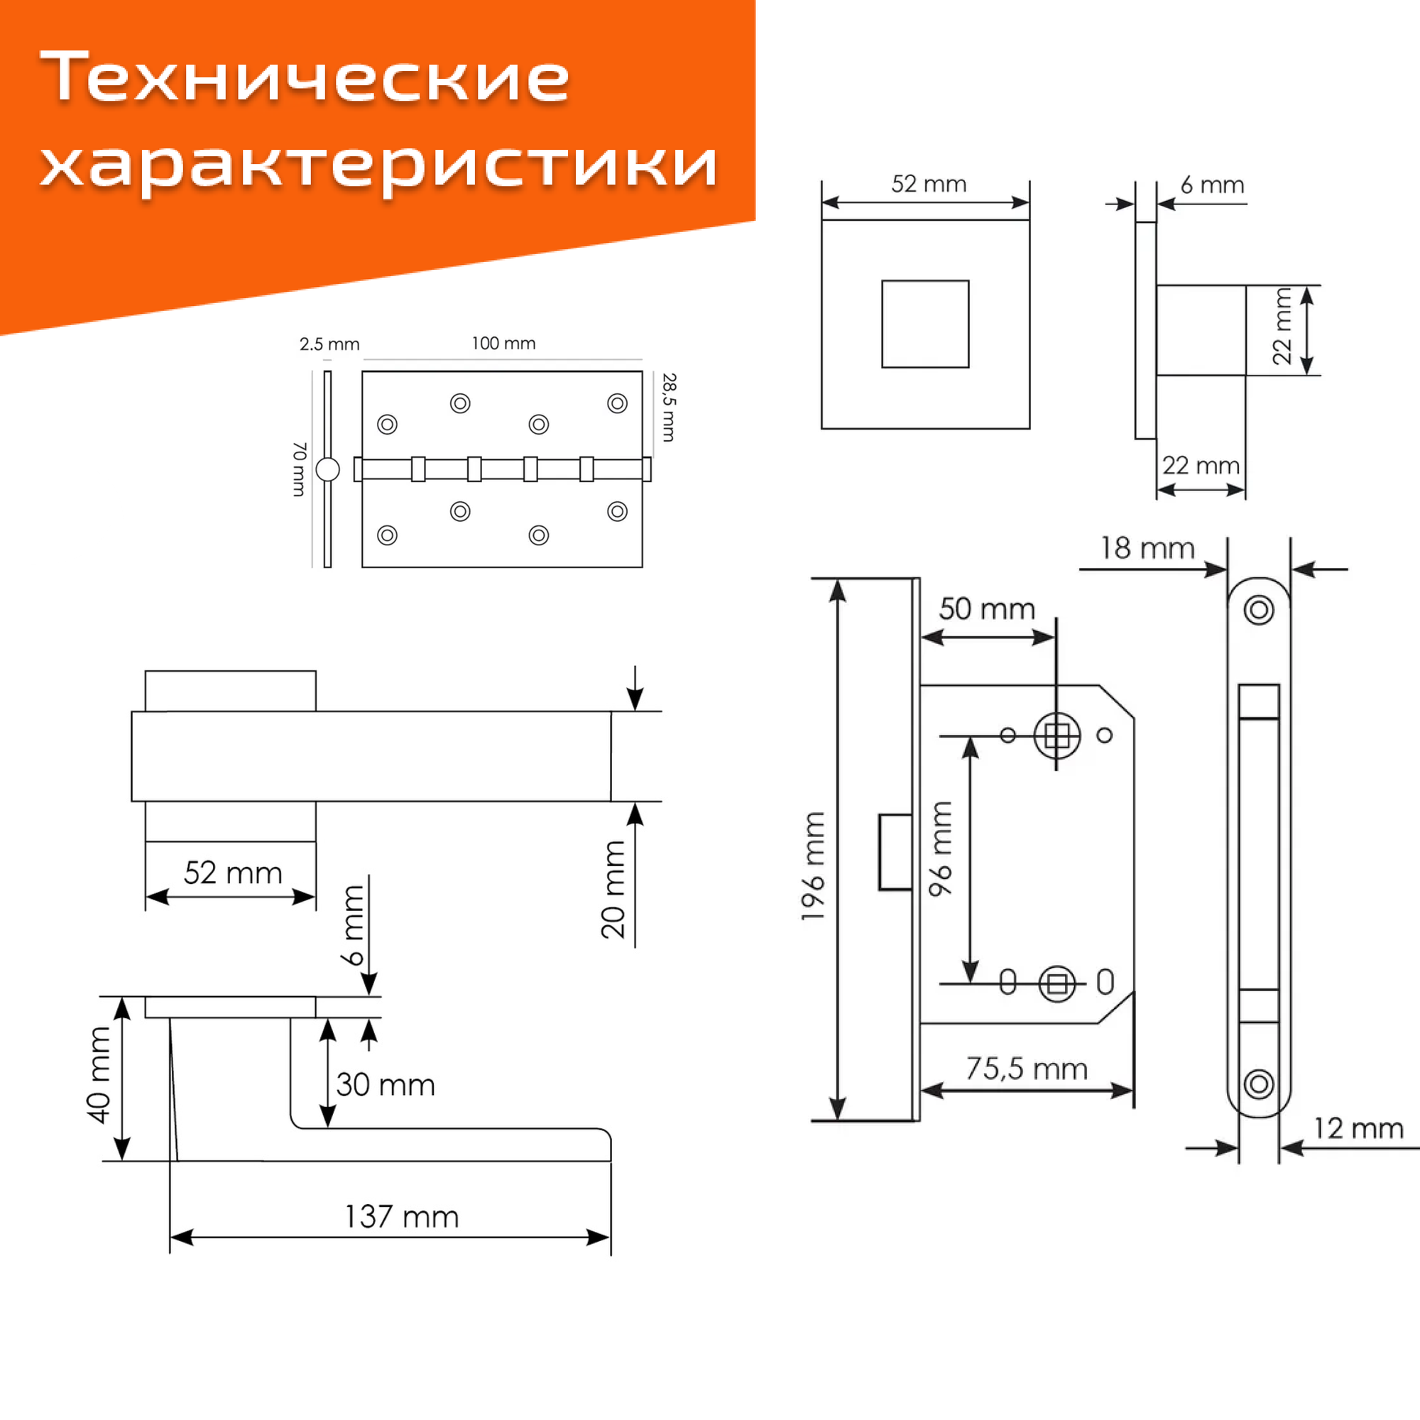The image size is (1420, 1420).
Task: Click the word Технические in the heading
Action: [305, 77]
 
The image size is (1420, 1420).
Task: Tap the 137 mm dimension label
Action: [401, 1216]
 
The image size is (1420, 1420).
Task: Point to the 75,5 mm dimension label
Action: [1026, 1069]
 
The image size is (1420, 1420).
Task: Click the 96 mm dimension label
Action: [940, 849]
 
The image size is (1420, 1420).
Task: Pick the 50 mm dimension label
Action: [986, 608]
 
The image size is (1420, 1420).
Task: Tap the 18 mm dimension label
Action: [1147, 548]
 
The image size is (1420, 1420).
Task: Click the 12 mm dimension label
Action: [1358, 1128]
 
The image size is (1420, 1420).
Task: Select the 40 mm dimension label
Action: [99, 1074]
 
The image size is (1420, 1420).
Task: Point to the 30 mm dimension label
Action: [385, 1085]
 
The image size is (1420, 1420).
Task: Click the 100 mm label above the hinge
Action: [503, 343]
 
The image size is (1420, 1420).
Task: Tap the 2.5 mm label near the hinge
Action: [329, 344]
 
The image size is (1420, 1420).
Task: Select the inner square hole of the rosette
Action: [925, 324]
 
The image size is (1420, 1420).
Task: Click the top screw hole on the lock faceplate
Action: [1258, 609]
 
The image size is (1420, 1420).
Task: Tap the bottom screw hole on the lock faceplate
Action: [1258, 1083]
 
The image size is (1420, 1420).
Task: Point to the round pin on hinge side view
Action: [328, 469]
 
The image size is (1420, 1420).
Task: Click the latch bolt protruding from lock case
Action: [895, 852]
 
